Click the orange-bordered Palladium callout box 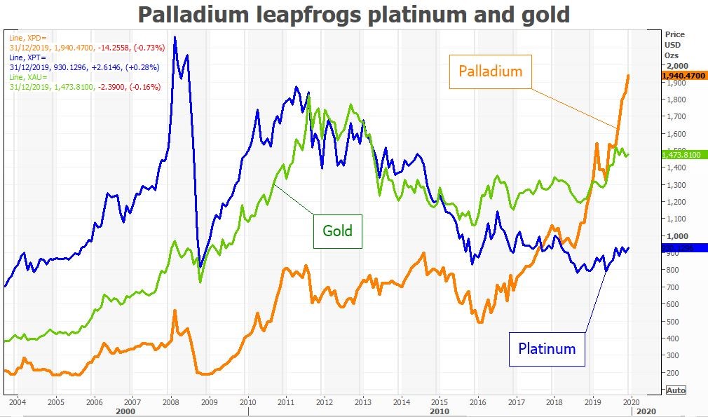(x=491, y=71)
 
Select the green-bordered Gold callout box (x=337, y=231)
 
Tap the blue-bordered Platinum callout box (x=547, y=348)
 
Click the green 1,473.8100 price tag (x=683, y=154)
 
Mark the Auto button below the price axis (x=675, y=390)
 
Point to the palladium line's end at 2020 (x=628, y=75)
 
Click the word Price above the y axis (x=675, y=34)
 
